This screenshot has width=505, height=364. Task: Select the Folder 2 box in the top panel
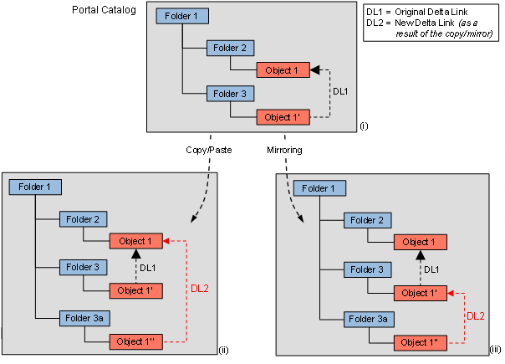[x=231, y=49]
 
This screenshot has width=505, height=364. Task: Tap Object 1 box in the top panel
[x=283, y=70]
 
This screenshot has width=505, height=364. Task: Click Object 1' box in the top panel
[x=283, y=117]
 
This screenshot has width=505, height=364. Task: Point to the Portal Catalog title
[x=104, y=9]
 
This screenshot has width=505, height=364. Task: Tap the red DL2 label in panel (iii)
[x=474, y=315]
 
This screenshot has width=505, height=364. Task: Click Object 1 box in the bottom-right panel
[x=420, y=242]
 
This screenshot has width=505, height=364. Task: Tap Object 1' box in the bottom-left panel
[x=136, y=290]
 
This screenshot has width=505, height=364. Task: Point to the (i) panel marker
[x=364, y=126]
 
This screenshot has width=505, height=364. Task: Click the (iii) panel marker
[x=495, y=350]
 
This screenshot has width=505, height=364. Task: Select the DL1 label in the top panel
[x=341, y=91]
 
